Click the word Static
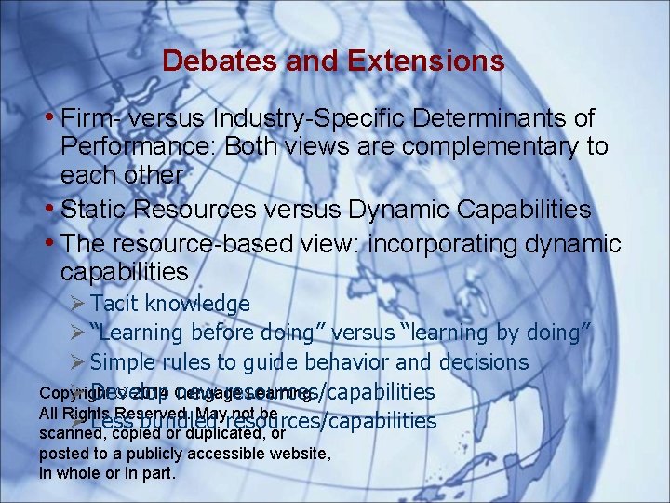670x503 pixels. point(93,209)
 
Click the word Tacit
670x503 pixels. point(114,303)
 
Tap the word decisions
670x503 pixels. point(479,362)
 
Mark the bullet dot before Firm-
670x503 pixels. point(49,119)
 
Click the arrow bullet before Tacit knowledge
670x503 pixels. point(79,303)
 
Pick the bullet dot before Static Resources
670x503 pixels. point(49,209)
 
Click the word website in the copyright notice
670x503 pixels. point(301,454)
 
